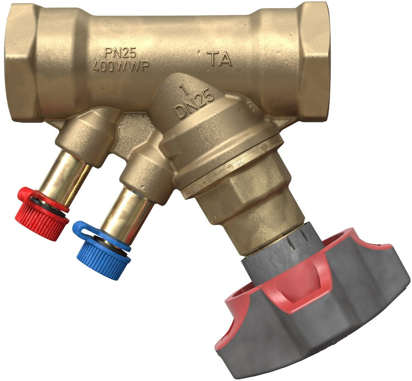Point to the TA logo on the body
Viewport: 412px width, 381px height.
point(219,59)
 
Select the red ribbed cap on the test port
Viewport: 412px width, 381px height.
point(44,214)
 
